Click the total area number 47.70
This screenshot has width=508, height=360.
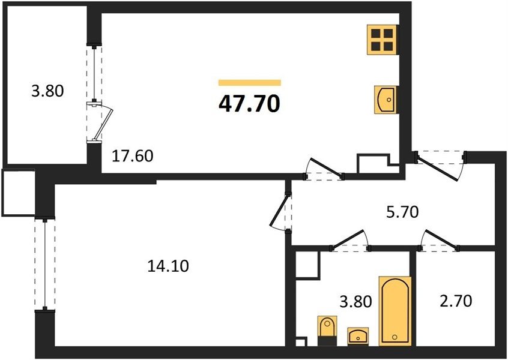(249, 104)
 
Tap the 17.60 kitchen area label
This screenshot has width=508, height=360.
(132, 156)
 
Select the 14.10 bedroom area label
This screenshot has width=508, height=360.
(168, 266)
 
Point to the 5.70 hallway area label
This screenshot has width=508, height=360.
(403, 212)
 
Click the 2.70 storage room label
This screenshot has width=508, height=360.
(456, 301)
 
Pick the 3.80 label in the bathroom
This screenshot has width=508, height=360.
(355, 302)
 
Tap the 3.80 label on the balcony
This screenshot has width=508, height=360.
(47, 91)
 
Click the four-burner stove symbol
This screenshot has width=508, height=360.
(383, 40)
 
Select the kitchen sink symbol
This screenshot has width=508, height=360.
(386, 100)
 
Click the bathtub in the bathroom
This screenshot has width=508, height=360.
(395, 311)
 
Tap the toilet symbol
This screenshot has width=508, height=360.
(327, 331)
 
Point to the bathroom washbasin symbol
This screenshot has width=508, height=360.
(358, 337)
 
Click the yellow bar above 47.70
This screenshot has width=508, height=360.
(249, 83)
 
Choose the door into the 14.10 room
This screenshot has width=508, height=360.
(280, 211)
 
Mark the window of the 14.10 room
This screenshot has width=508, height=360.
(45, 264)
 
